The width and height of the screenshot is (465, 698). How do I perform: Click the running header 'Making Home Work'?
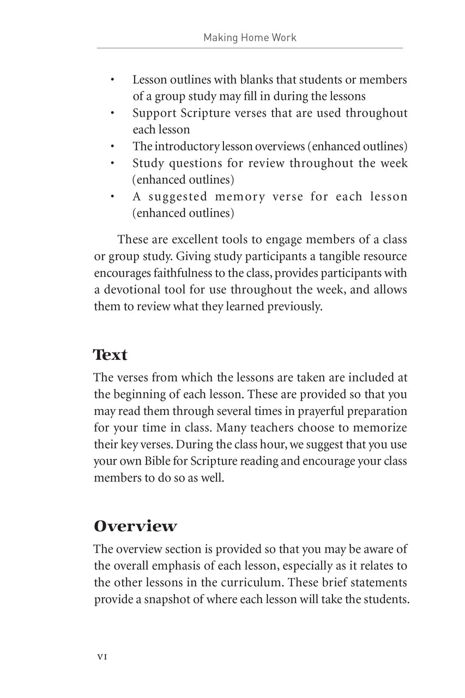(250, 38)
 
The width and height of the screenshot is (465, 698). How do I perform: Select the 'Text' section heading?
(110, 355)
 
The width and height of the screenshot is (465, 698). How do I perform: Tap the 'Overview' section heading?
(135, 526)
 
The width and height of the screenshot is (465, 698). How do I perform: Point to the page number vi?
(101, 657)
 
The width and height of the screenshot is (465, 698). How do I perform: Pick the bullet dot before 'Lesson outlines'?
(111, 80)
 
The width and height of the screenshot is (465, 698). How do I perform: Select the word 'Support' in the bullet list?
(154, 113)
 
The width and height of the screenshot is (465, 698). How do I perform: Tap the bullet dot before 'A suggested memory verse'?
(111, 197)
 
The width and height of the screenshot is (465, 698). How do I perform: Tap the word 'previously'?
(294, 306)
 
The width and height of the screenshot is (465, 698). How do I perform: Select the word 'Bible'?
(157, 461)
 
